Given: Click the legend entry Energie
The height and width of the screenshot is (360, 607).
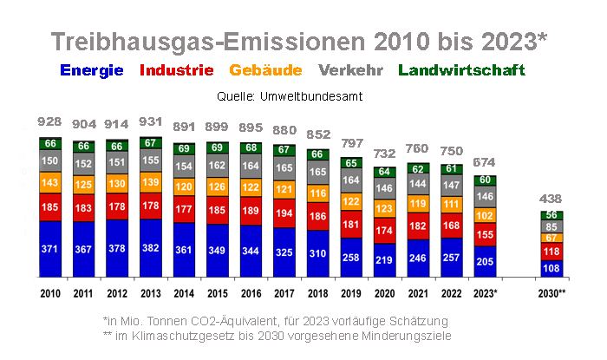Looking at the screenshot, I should tap(91, 70).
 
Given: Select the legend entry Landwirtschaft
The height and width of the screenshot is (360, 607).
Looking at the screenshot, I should tap(461, 70).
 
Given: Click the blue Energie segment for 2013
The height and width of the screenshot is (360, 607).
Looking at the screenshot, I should tap(151, 247).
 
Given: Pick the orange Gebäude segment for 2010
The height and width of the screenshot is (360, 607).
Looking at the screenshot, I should tap(50, 182).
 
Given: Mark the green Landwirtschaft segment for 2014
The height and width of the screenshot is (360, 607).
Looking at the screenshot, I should tap(184, 149).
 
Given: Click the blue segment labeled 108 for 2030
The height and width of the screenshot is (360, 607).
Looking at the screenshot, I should tap(552, 268).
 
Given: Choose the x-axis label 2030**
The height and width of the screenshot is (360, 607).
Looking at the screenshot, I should tap(552, 293).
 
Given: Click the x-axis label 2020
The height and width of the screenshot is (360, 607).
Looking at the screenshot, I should tap(385, 293).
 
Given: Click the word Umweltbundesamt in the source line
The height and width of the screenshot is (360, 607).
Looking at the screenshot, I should tap(313, 95).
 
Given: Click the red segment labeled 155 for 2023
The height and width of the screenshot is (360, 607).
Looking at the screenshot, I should tap(486, 234).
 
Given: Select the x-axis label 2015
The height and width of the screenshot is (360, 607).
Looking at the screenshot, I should tap(218, 293).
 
